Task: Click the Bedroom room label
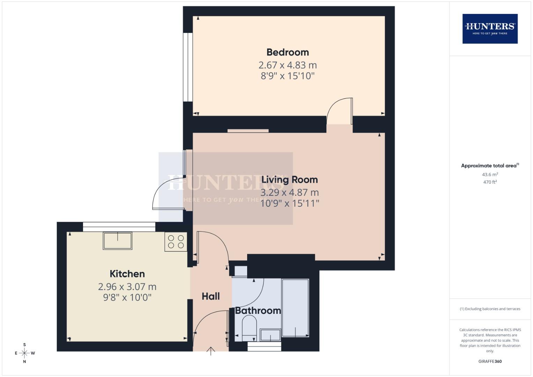pos(288,52)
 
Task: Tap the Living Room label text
pos(289,180)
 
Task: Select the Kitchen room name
pos(127,274)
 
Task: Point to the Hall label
pos(211,296)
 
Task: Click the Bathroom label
pos(258,311)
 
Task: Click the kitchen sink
pos(118,241)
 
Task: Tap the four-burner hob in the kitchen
pos(176,242)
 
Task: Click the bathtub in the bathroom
pos(295,308)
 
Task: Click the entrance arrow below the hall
pos(211,351)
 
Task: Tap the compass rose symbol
pos(24,353)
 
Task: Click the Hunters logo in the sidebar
pos(490,29)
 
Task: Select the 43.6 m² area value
pos(490,175)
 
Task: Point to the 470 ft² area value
pos(490,182)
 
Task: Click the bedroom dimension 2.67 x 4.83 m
pos(288,65)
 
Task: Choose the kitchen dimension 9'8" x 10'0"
pos(127,297)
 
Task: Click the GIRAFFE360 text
pos(490,361)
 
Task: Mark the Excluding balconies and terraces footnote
pos(490,309)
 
